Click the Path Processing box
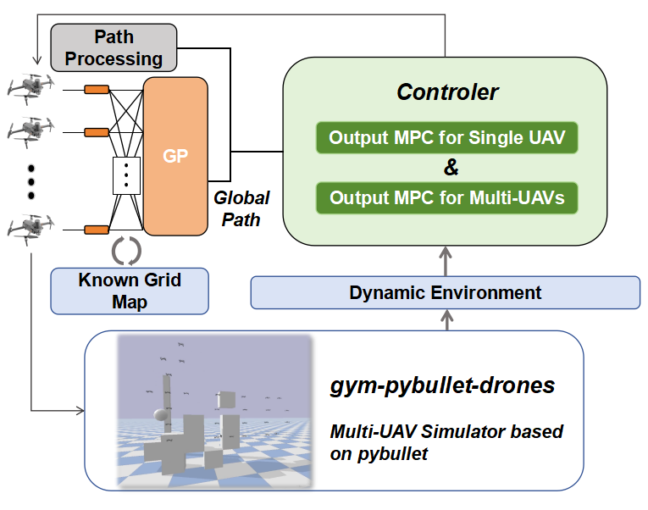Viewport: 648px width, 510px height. (x=114, y=47)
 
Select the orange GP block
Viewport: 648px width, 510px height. (x=175, y=156)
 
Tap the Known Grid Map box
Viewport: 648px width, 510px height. (x=130, y=290)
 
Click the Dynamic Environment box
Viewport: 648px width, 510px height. (x=446, y=293)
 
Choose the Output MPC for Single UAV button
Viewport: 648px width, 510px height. (x=446, y=137)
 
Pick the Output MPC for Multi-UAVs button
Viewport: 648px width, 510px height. (x=446, y=198)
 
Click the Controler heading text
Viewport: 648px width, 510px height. (x=447, y=91)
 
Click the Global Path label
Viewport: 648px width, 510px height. (x=241, y=207)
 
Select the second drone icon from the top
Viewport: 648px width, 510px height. (x=31, y=131)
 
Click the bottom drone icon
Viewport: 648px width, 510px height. (x=31, y=228)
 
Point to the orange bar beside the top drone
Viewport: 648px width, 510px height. (x=97, y=89)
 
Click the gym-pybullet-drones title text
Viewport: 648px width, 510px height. (x=442, y=385)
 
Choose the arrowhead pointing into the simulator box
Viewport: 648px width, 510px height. (x=80, y=412)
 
